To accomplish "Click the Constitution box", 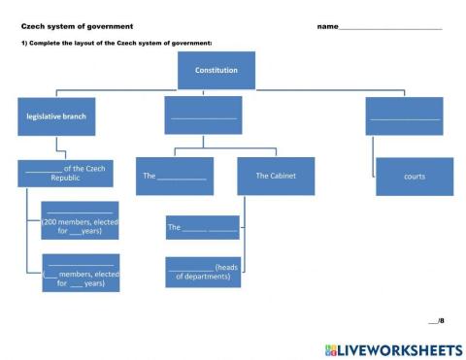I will pyautogui.click(x=216, y=70).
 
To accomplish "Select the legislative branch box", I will pyautogui.click(x=56, y=116).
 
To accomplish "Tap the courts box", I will pyautogui.click(x=414, y=177).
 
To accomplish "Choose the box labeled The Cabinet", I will pyautogui.click(x=276, y=176).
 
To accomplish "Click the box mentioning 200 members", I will pyautogui.click(x=80, y=220).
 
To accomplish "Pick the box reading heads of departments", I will pyautogui.click(x=203, y=272).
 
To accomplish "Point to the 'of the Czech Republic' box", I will pyautogui.click(x=65, y=173).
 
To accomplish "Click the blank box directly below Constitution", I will pyautogui.click(x=203, y=115).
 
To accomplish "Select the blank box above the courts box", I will pyautogui.click(x=404, y=116).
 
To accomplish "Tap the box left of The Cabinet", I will pyautogui.click(x=174, y=176).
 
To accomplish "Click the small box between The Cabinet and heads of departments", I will pyautogui.click(x=202, y=227).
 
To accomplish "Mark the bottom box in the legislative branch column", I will pyautogui.click(x=81, y=273).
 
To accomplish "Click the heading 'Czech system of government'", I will pyautogui.click(x=77, y=26).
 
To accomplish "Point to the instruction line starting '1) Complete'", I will pyautogui.click(x=116, y=43).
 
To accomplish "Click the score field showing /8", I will pyautogui.click(x=436, y=319).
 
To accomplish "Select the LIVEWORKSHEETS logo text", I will pyautogui.click(x=399, y=348).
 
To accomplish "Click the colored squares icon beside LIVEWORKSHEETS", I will pyautogui.click(x=331, y=348).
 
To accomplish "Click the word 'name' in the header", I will pyautogui.click(x=327, y=26).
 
